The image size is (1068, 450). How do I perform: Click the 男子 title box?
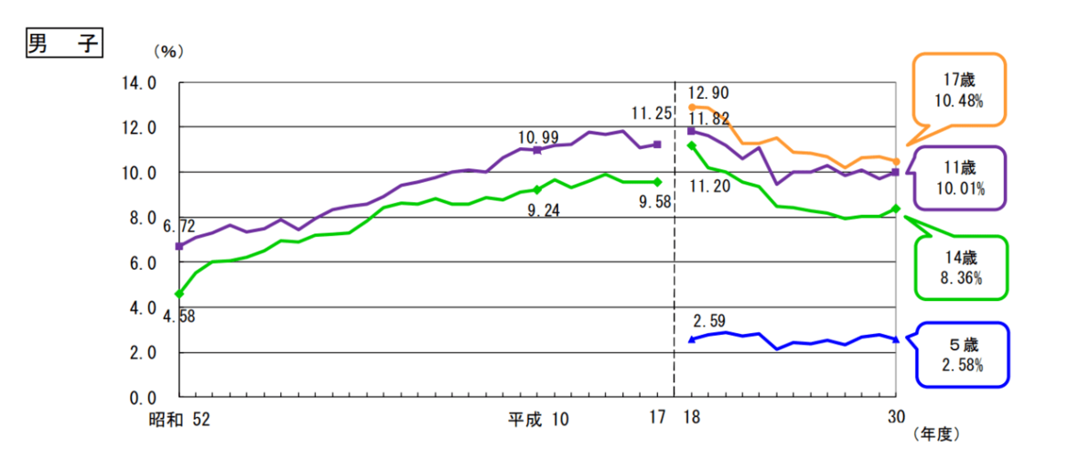click(63, 45)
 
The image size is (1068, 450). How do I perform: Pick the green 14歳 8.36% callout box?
click(962, 267)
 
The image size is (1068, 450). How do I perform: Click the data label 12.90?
click(709, 93)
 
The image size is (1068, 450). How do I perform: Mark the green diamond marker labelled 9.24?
click(537, 189)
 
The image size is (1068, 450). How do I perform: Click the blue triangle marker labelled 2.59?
click(692, 339)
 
